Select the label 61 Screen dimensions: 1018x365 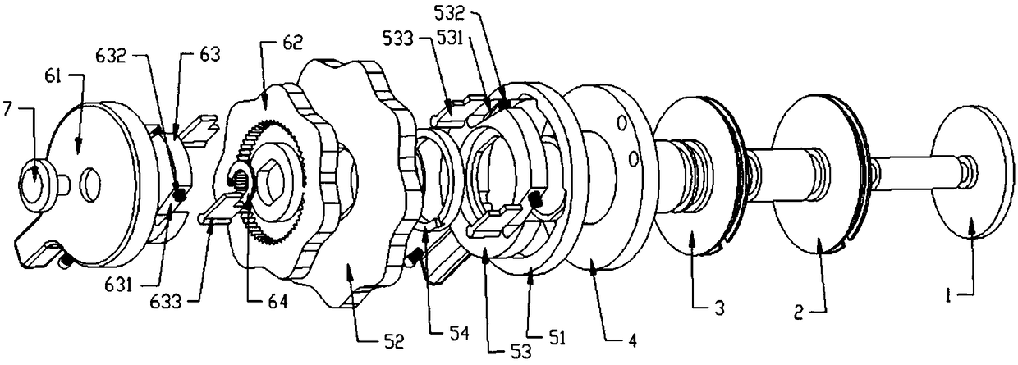pos(53,77)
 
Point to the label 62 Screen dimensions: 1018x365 pos(291,43)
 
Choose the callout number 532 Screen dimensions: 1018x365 pos(449,14)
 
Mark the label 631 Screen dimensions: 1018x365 pos(117,286)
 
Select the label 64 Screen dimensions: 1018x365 pos(277,302)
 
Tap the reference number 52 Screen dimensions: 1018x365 pos(393,341)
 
